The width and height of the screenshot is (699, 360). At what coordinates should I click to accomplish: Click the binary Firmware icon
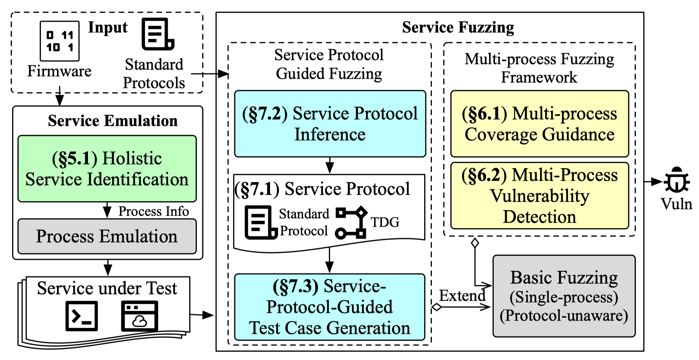60,41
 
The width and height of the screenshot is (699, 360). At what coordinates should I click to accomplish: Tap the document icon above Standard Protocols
158,34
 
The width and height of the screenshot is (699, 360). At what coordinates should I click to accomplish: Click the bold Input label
108,28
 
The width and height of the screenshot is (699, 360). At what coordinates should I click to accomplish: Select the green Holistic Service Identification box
107,169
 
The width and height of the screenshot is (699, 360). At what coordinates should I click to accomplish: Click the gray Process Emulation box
107,236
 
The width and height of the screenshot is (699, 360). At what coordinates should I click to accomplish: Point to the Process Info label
153,211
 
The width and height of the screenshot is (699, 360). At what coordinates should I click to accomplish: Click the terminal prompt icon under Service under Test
82,316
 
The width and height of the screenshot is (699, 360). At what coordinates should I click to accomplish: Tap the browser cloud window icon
140,316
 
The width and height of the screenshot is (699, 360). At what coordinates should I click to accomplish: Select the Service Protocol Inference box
330,124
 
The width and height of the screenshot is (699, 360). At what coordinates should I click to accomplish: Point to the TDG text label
385,222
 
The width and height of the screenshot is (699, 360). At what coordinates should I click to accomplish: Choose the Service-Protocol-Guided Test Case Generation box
330,307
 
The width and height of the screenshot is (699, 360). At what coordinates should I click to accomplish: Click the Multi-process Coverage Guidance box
540,124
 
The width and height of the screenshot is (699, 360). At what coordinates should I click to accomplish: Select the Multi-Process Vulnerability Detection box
540,195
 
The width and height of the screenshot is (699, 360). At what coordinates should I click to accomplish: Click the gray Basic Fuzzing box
564,296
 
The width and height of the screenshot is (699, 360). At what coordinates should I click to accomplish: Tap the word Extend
462,296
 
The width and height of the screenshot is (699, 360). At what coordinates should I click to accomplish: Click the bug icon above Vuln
676,180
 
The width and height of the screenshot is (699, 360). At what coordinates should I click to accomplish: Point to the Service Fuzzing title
458,27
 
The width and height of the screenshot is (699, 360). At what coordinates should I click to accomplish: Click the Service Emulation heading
113,121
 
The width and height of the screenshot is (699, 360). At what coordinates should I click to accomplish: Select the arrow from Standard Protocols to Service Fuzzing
210,74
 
